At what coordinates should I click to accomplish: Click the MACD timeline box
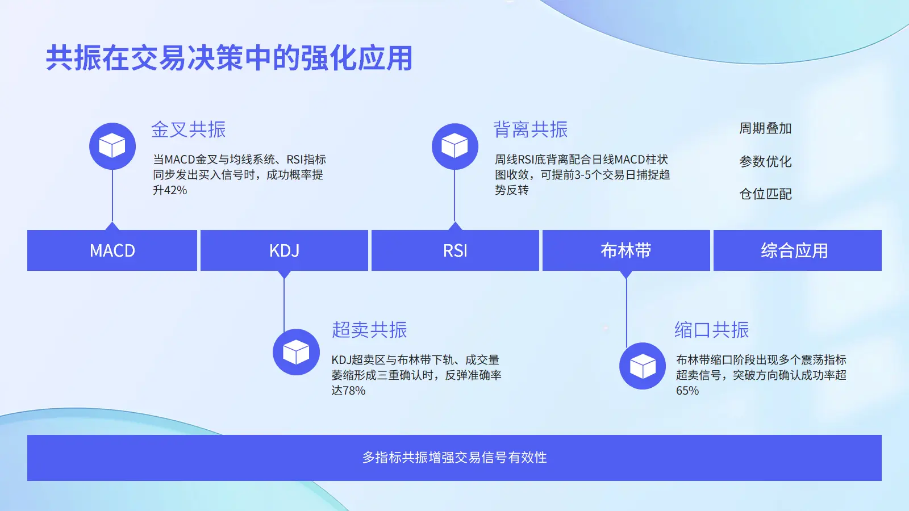coord(112,250)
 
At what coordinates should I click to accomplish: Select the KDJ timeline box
coord(284,250)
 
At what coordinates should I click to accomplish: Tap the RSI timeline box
coord(455,250)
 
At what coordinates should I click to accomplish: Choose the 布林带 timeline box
coord(626,250)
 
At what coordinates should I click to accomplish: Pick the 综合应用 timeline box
coord(797,250)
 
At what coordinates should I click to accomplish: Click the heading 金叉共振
coord(189,129)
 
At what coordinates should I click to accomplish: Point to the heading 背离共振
coord(531,129)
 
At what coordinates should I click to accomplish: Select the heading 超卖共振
coord(369,330)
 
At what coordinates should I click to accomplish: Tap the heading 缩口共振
coord(711,330)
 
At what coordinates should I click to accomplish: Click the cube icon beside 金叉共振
coord(112,146)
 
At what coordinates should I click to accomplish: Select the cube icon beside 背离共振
coord(454,146)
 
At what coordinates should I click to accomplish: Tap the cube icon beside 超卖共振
coord(296,352)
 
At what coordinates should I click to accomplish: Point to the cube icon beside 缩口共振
coord(643,366)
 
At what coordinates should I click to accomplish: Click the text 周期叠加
coord(765,129)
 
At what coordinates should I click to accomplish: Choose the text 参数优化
coord(765,162)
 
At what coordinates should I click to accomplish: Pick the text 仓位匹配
coord(765,194)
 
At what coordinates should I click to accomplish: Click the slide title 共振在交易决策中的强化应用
coord(229,58)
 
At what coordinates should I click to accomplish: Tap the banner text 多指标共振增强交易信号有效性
coord(454,458)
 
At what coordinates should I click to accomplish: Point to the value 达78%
coord(348,391)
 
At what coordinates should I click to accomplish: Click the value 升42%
coord(170,190)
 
